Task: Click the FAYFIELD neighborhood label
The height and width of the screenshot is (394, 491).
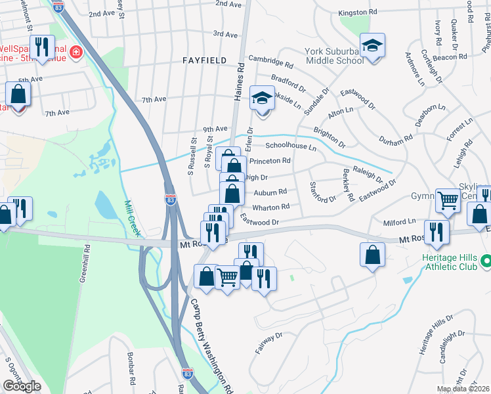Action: tap(204, 60)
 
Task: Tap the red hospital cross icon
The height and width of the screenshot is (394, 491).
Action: tap(76, 51)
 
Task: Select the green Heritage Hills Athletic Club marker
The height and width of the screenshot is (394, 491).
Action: tap(485, 261)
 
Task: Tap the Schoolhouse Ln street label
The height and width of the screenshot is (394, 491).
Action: tap(290, 148)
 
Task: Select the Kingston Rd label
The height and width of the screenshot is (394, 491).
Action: tap(358, 12)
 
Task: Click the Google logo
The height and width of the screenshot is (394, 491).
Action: tap(22, 386)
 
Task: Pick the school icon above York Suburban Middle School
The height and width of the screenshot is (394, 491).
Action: tap(372, 46)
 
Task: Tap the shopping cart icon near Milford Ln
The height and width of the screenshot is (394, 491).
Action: tap(448, 199)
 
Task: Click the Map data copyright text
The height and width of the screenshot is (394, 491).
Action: tap(463, 389)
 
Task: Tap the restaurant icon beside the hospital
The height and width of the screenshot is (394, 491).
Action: tap(43, 47)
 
